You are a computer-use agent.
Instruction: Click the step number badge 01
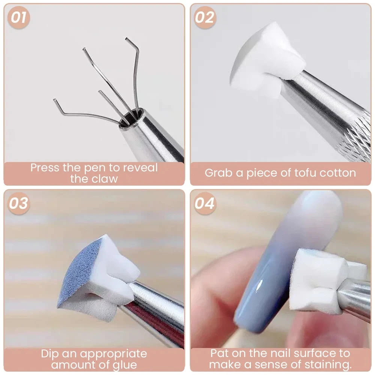click(18, 18)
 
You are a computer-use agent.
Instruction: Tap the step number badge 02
click(205, 18)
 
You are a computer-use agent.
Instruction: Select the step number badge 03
click(18, 203)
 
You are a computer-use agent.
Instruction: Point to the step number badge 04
click(205, 203)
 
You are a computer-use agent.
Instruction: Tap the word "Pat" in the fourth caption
click(220, 353)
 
